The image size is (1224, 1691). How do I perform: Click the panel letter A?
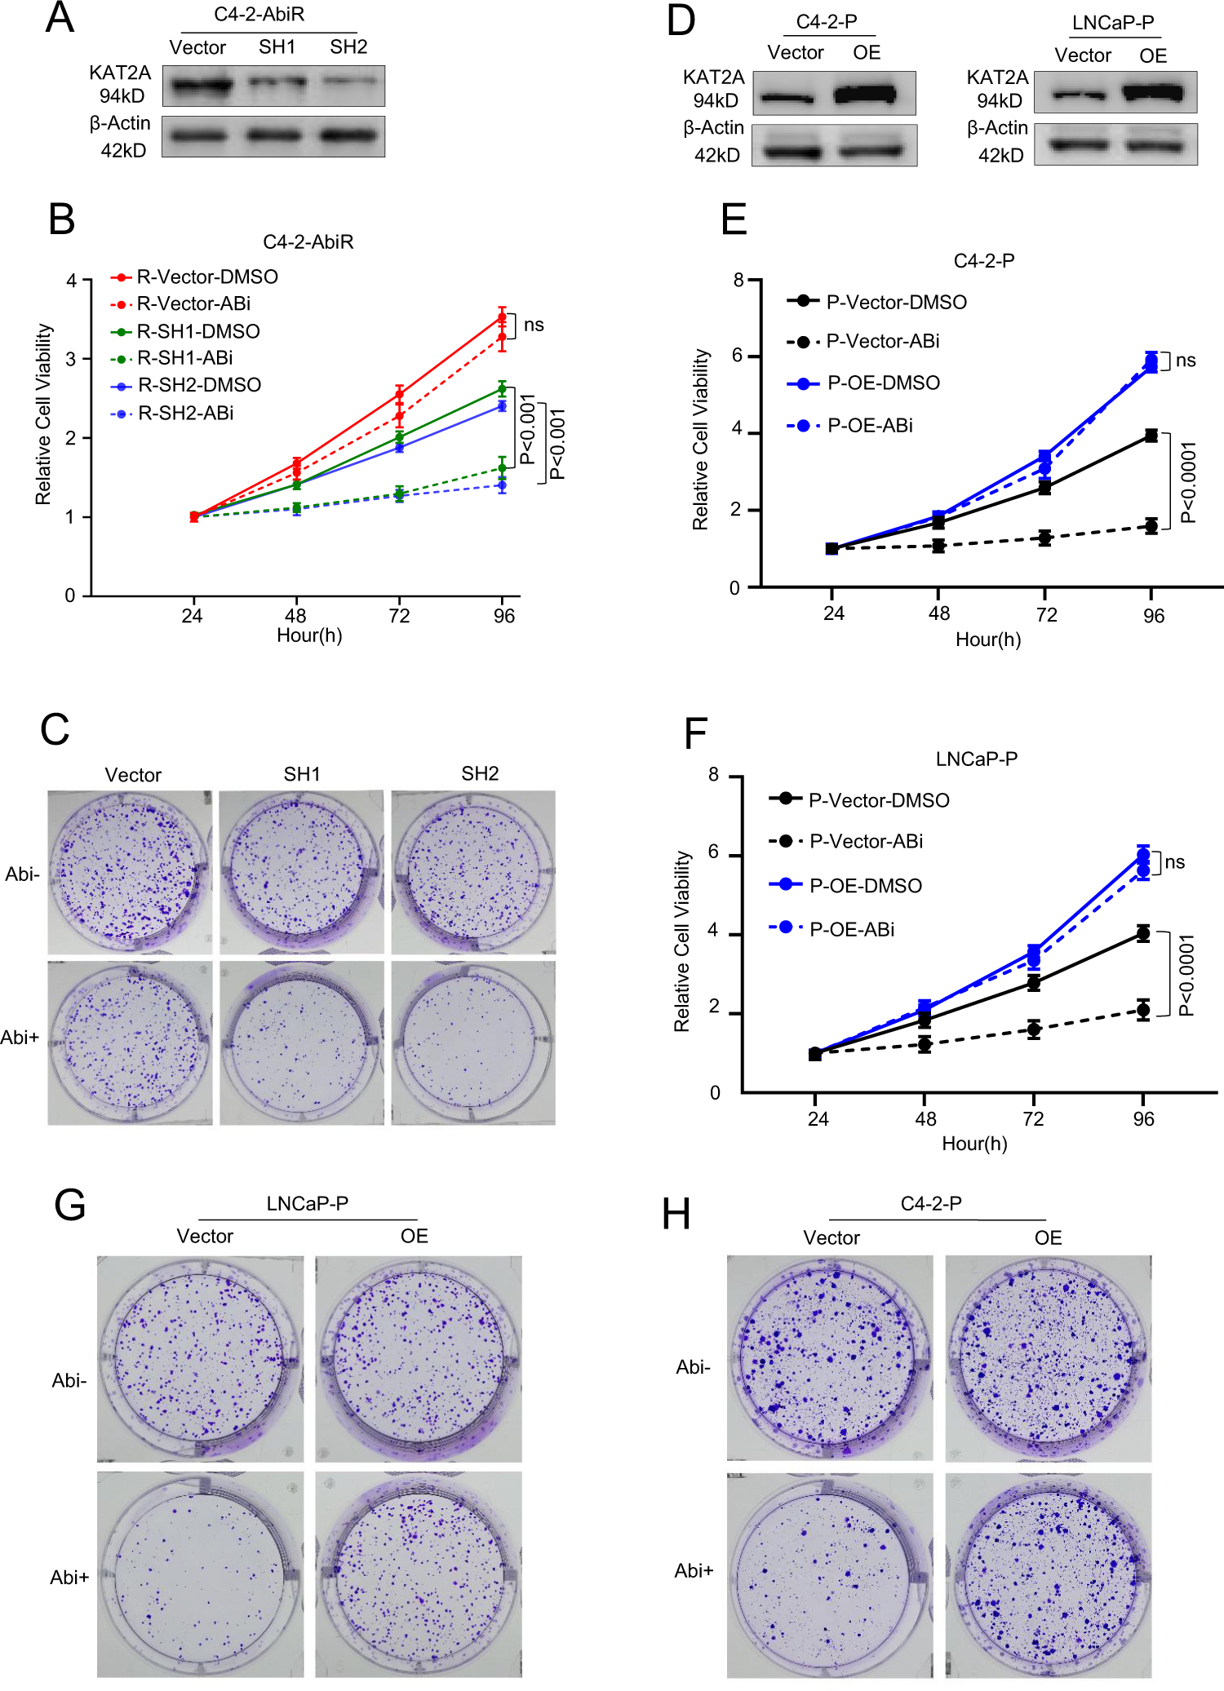(60, 18)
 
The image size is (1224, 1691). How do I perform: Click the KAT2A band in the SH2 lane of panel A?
(349, 81)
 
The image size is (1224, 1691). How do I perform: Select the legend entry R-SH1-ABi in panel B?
(184, 358)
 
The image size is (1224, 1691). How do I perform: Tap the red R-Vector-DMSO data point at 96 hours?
(503, 317)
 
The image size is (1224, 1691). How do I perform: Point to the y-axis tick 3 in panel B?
(71, 359)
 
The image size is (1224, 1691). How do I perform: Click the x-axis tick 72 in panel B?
(399, 616)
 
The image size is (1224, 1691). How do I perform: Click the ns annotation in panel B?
(534, 325)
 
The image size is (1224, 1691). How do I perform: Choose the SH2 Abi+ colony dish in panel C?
(473, 1042)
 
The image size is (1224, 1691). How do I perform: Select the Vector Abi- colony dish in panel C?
(130, 871)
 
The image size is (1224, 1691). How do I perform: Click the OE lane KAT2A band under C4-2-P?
(865, 95)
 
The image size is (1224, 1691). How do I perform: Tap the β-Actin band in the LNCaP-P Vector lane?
(1080, 145)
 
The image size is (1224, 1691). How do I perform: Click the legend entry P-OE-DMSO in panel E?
(883, 383)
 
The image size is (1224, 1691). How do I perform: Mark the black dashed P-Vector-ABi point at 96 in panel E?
(1151, 525)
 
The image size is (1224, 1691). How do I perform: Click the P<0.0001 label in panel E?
(1188, 482)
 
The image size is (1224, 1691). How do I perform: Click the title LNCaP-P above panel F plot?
(976, 759)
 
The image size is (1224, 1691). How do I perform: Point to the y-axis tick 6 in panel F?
(714, 852)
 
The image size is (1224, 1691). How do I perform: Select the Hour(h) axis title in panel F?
(974, 1144)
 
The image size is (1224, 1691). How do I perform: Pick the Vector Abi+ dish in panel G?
(200, 1574)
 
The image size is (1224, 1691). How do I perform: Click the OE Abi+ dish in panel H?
(1049, 1574)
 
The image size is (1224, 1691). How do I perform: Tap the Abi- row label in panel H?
(693, 1366)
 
